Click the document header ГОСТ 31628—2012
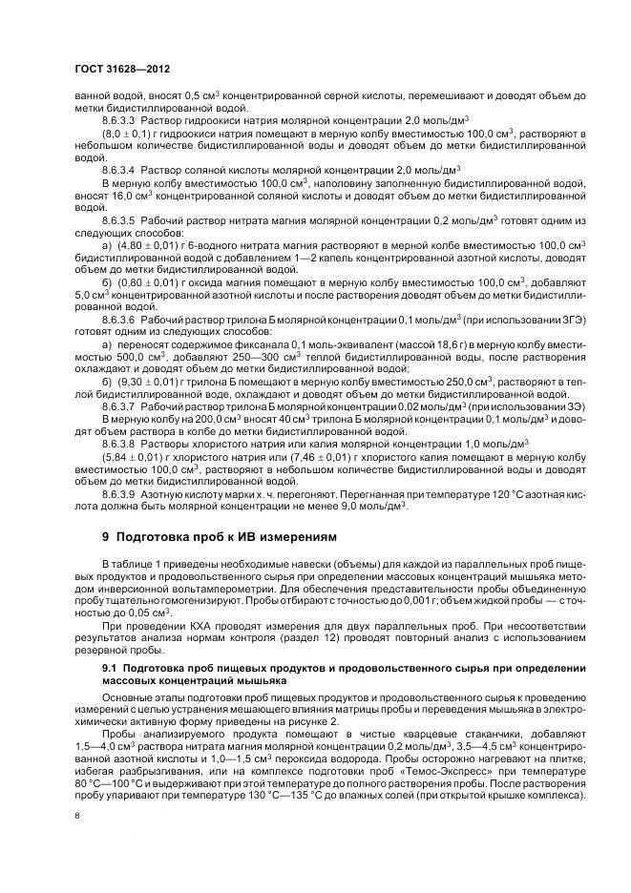(x=116, y=70)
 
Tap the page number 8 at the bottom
(x=76, y=816)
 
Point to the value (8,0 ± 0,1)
(x=125, y=134)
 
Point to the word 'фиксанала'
(x=236, y=343)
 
